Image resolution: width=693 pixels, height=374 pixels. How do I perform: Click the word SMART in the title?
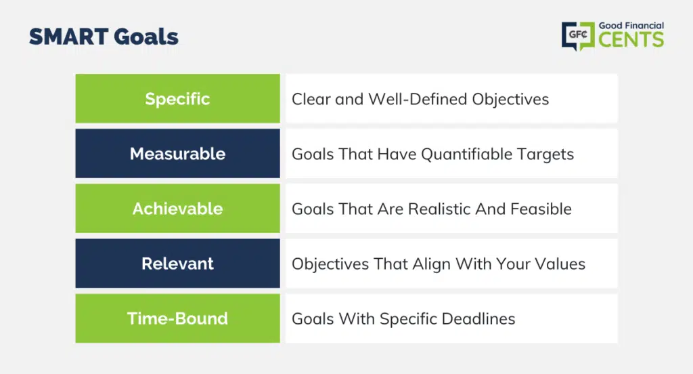pyautogui.click(x=69, y=37)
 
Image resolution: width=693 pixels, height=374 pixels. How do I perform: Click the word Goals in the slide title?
pyautogui.click(x=147, y=37)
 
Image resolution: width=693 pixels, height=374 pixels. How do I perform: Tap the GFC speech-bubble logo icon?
pyautogui.click(x=578, y=36)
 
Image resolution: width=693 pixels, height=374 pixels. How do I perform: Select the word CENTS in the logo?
pyautogui.click(x=631, y=39)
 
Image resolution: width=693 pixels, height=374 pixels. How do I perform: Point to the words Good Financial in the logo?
pyautogui.click(x=631, y=26)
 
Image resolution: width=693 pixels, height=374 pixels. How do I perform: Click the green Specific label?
pyautogui.click(x=178, y=98)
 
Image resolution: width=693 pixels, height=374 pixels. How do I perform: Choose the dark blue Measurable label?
pyautogui.click(x=178, y=153)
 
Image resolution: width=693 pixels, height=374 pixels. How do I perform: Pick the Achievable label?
pyautogui.click(x=178, y=208)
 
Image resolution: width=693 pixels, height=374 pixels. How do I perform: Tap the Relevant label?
pyautogui.click(x=178, y=264)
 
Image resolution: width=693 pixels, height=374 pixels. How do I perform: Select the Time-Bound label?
pyautogui.click(x=178, y=318)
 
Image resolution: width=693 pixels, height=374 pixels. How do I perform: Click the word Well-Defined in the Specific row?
pyautogui.click(x=418, y=99)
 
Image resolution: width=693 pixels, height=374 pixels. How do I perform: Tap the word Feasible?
pyautogui.click(x=541, y=209)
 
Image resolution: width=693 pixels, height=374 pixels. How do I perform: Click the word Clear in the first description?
pyautogui.click(x=311, y=99)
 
